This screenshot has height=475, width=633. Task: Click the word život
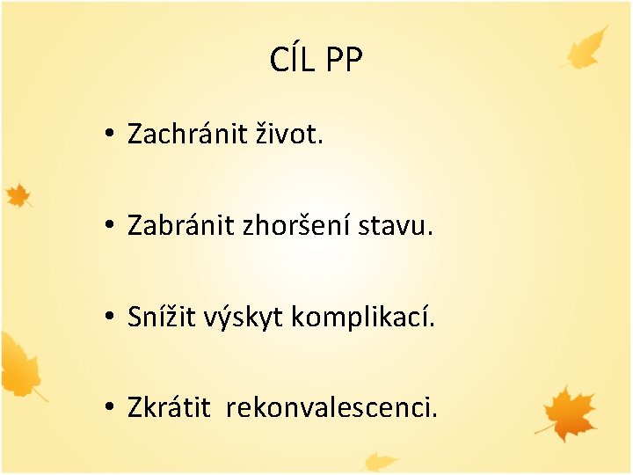[x=288, y=135]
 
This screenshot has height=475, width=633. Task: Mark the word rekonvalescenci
[x=331, y=408]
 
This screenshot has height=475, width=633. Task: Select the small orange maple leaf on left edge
[x=18, y=194]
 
